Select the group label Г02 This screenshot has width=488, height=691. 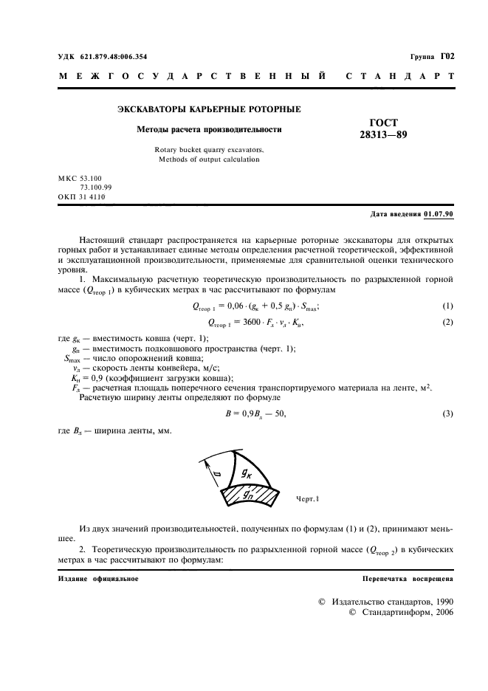pos(447,56)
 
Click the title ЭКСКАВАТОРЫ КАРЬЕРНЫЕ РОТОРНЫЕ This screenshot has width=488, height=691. pos(209,109)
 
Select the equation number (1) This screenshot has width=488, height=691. pos(447,306)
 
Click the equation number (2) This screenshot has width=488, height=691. pos(447,323)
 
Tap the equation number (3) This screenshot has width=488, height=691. pos(447,413)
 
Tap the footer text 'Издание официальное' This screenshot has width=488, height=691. pos(98,578)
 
